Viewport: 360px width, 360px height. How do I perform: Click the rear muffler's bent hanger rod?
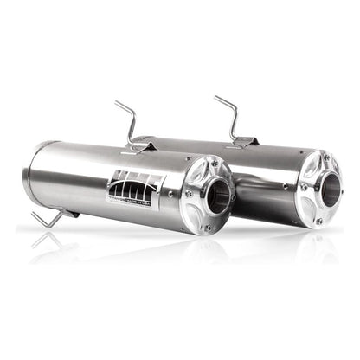pos(227,112)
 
